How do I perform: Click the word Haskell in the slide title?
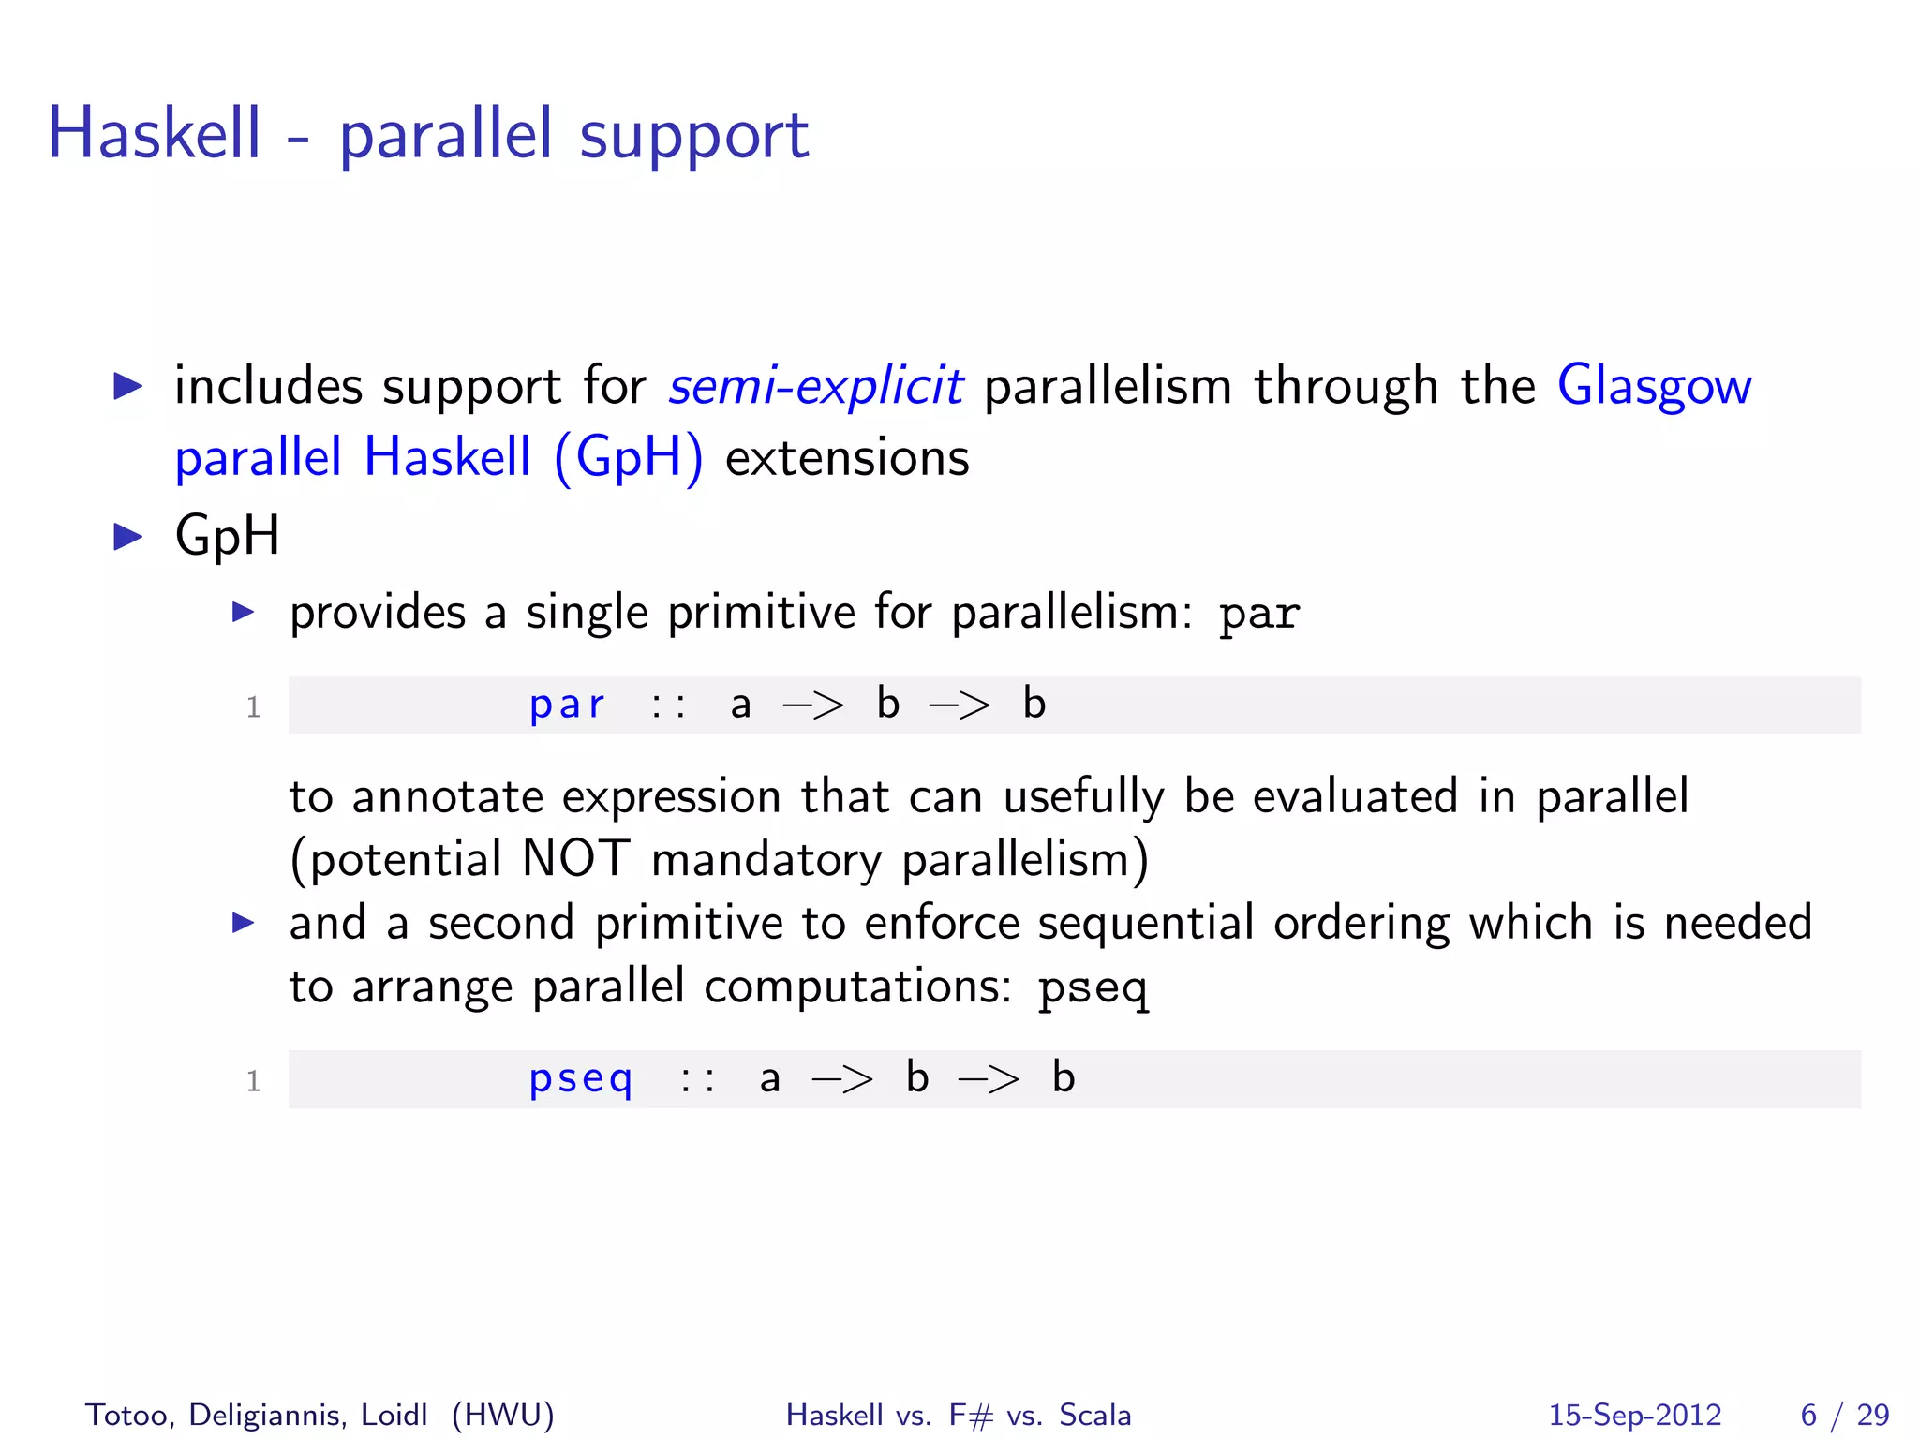(x=154, y=133)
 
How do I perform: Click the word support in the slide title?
(x=693, y=137)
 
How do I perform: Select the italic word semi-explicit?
(x=815, y=386)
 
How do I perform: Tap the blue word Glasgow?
(x=1654, y=386)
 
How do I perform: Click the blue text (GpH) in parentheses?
(x=628, y=458)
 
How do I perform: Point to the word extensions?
(x=847, y=458)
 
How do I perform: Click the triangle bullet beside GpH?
(x=127, y=537)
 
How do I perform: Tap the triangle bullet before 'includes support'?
(x=127, y=385)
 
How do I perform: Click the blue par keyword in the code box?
(x=567, y=705)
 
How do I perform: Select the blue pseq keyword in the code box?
(x=581, y=1079)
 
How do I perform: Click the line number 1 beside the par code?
(x=253, y=707)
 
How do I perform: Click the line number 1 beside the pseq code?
(x=253, y=1082)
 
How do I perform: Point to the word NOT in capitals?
(x=575, y=858)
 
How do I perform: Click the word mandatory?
(x=766, y=860)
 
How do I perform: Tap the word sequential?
(x=1145, y=924)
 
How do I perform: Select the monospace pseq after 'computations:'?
(x=1093, y=987)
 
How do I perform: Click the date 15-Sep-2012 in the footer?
(x=1634, y=1415)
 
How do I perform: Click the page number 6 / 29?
(x=1844, y=1415)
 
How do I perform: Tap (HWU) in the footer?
(x=502, y=1415)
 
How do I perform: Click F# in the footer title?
(x=971, y=1415)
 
